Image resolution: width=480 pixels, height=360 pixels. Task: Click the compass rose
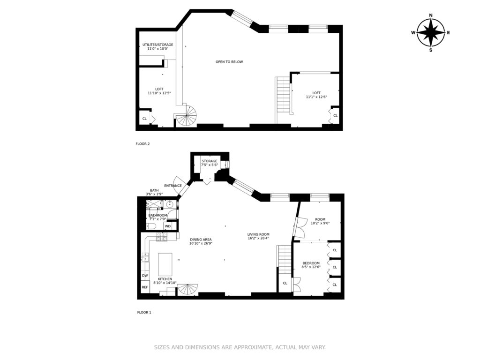(431, 33)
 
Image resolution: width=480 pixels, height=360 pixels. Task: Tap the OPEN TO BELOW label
(229, 62)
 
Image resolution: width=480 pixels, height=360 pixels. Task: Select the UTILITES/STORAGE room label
(157, 45)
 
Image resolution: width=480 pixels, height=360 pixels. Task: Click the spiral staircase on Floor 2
(186, 116)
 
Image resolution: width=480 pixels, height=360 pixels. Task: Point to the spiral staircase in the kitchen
(188, 290)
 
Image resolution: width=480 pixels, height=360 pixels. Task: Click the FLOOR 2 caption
(142, 144)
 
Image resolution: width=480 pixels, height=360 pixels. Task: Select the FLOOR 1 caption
(144, 313)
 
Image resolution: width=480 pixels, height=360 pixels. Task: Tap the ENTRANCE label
(173, 186)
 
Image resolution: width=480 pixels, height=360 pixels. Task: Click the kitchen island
(165, 264)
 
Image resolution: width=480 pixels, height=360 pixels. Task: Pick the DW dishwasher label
(145, 276)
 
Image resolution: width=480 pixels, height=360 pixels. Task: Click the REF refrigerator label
(145, 287)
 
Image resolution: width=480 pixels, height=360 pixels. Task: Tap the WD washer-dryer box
(168, 226)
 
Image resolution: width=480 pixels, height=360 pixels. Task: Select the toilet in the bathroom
(152, 226)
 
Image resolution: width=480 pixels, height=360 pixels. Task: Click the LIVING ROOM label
(258, 234)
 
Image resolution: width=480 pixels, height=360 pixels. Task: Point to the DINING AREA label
(201, 240)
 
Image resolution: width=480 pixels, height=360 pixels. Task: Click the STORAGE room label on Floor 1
(210, 161)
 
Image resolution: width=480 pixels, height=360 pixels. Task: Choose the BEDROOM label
(311, 263)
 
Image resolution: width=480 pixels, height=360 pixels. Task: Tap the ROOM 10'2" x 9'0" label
(320, 221)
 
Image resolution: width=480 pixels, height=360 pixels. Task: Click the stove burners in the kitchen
(162, 237)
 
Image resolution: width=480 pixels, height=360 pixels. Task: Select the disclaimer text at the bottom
(240, 347)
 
